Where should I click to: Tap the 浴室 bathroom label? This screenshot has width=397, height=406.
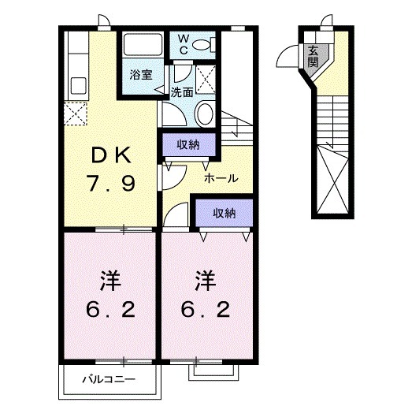tap(140, 77)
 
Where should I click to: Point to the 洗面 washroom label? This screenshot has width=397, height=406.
tap(182, 92)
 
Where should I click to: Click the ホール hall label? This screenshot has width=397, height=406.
tap(221, 179)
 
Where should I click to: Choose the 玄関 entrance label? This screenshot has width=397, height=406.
tap(313, 58)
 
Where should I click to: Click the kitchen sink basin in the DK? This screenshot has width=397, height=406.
tap(79, 84)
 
